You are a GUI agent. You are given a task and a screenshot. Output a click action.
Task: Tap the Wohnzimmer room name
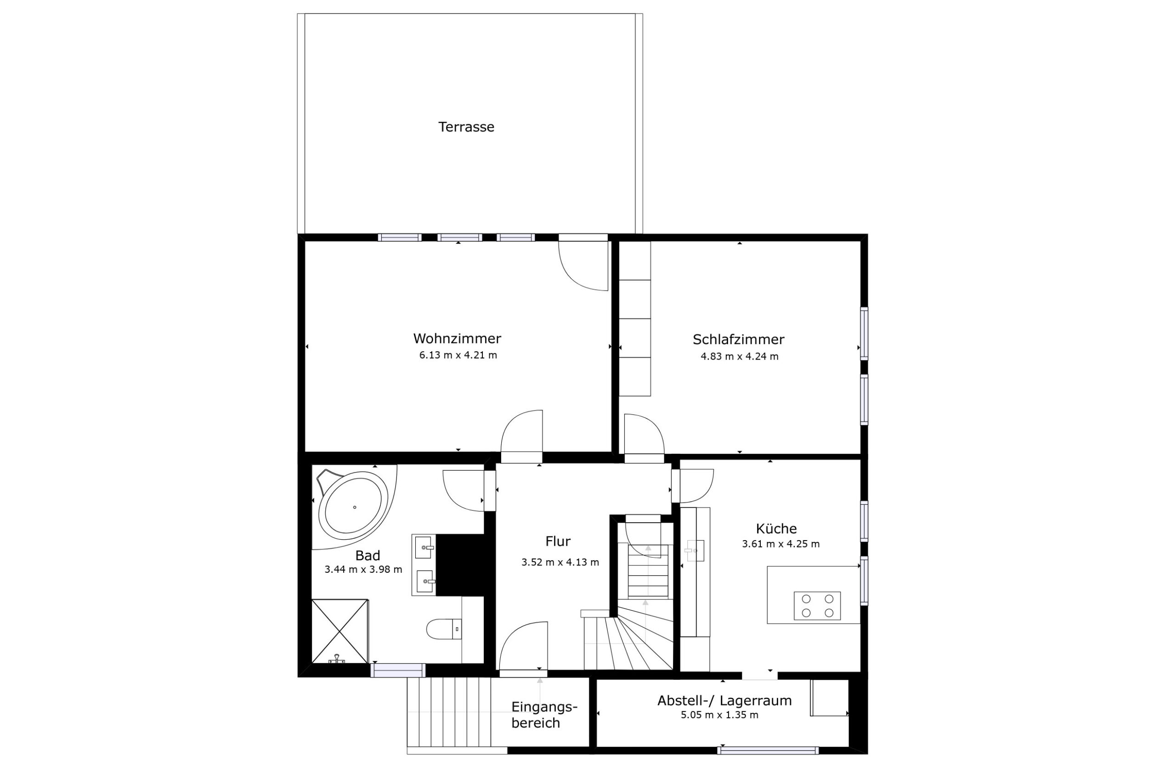tap(457, 338)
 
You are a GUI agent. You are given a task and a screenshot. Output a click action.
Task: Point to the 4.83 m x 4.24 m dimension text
tap(740, 356)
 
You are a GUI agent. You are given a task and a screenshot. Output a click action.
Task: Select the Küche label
tap(776, 529)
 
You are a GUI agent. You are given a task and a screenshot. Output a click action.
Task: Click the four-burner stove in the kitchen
tap(817, 605)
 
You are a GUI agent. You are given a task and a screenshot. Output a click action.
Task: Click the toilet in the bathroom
tap(443, 629)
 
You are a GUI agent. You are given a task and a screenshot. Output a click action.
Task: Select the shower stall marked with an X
tap(340, 631)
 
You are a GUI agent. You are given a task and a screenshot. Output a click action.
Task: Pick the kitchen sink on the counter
tap(695, 551)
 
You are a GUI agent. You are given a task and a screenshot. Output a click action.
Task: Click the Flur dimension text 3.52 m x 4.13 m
tap(560, 562)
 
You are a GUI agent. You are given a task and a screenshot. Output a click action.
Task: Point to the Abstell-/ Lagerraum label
tap(724, 700)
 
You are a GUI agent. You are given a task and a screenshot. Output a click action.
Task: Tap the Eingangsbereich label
tap(544, 715)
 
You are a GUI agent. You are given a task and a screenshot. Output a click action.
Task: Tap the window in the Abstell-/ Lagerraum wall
tap(768, 750)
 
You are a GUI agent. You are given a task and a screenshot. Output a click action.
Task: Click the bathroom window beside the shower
tap(398, 670)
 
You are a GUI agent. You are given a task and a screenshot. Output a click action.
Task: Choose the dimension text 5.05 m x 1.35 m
tap(719, 715)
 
